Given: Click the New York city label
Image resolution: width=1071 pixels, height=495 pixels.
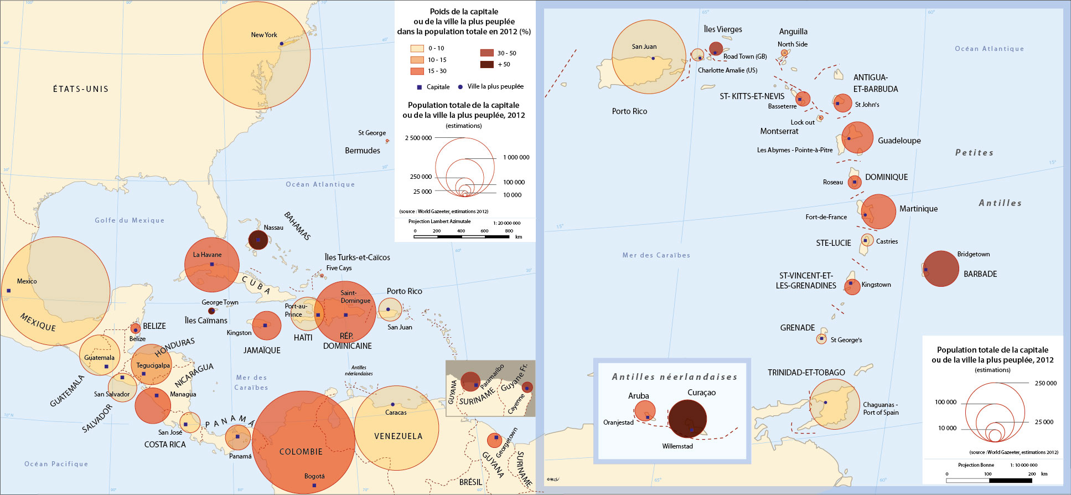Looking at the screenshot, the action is [264, 35].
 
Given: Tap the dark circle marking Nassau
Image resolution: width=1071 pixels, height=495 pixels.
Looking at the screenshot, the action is [258, 240].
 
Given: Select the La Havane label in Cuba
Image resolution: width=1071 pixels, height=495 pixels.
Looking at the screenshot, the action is [207, 255].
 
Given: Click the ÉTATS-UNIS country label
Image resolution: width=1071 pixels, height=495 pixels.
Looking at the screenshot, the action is [81, 89].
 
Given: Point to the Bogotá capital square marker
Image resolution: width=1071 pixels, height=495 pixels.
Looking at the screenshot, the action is [314, 486].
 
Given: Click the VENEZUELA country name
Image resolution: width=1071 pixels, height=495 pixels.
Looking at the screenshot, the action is [399, 436].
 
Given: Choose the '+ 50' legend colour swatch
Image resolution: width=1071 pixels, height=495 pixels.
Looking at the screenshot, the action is [487, 64].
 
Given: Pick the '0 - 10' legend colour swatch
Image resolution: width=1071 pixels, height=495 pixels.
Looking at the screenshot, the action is [417, 48].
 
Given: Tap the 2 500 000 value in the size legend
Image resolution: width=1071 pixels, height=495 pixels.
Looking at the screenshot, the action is [418, 138].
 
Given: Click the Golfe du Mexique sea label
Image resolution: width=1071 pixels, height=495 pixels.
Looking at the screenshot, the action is [130, 220].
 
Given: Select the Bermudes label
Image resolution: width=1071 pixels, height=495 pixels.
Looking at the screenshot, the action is [363, 151].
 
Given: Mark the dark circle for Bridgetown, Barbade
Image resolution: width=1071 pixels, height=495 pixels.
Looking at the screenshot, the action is [941, 269].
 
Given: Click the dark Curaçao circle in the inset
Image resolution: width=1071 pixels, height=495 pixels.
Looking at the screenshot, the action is [687, 419].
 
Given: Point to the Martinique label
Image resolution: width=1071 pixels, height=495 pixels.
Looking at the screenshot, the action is [918, 209].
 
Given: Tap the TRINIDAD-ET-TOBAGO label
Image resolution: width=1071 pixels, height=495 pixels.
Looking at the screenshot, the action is [806, 373].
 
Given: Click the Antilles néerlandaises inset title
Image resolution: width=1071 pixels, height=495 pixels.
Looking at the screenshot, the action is [675, 377].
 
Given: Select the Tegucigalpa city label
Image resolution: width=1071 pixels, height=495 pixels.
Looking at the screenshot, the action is [153, 365].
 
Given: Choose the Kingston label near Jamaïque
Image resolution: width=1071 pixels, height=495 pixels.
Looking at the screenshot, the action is [239, 333].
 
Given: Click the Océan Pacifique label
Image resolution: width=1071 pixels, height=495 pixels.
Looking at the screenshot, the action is [56, 464].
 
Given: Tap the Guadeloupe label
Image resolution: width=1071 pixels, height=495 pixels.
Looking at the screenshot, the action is [899, 141].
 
